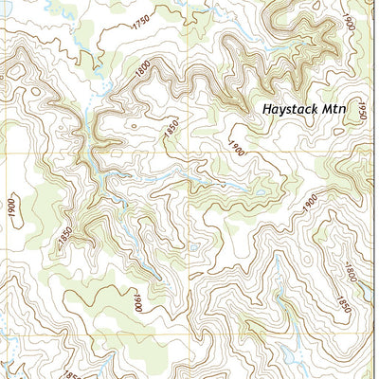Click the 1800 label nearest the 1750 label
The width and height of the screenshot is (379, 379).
click(144, 68)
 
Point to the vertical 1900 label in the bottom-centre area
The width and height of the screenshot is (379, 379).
click(137, 303)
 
